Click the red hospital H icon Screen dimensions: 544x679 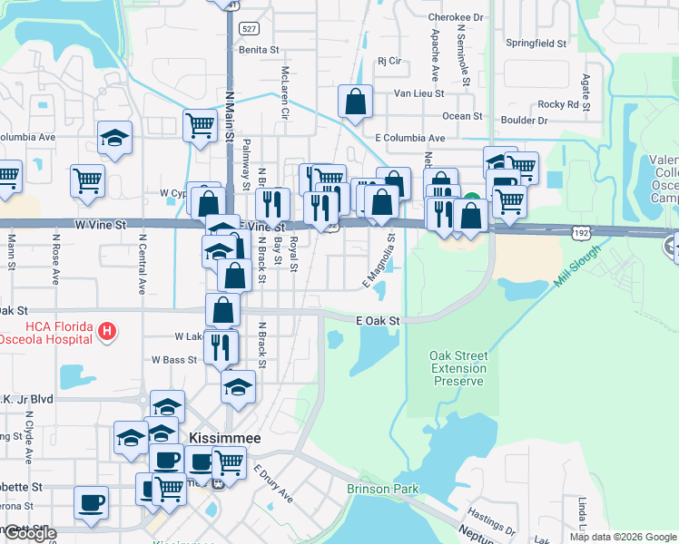click(x=108, y=332)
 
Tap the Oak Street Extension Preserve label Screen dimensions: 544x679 click(x=458, y=368)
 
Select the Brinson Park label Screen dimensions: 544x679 click(x=383, y=489)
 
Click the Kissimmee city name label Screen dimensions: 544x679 click(x=224, y=438)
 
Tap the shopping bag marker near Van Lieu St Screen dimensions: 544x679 click(x=356, y=103)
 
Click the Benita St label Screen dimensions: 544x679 click(x=257, y=50)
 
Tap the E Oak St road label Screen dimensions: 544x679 click(x=379, y=320)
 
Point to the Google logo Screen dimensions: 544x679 click(x=29, y=534)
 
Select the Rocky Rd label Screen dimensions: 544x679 click(x=557, y=104)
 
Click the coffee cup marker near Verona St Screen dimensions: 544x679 click(x=91, y=503)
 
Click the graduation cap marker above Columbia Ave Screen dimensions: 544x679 click(x=115, y=138)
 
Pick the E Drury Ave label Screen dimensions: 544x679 click(x=273, y=484)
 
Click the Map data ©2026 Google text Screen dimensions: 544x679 click(x=624, y=537)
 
